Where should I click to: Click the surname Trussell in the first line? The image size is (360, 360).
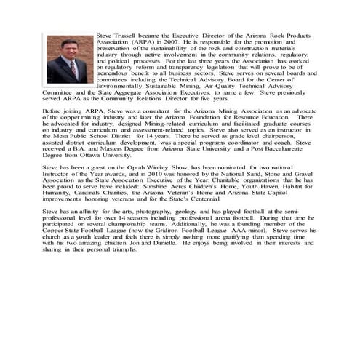(x=127, y=36)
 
